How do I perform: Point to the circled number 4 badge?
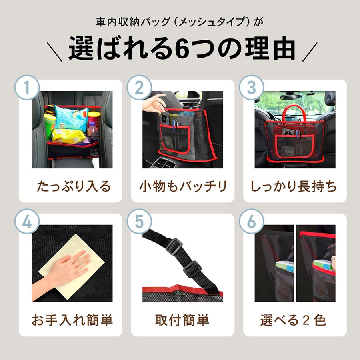(27, 222)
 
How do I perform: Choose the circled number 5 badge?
(139, 222)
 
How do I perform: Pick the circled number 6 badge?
(251, 222)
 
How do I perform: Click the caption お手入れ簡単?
(72, 320)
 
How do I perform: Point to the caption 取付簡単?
(182, 320)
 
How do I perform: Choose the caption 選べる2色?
(294, 320)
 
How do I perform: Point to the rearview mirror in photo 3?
(291, 97)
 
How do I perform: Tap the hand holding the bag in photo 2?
(154, 103)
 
